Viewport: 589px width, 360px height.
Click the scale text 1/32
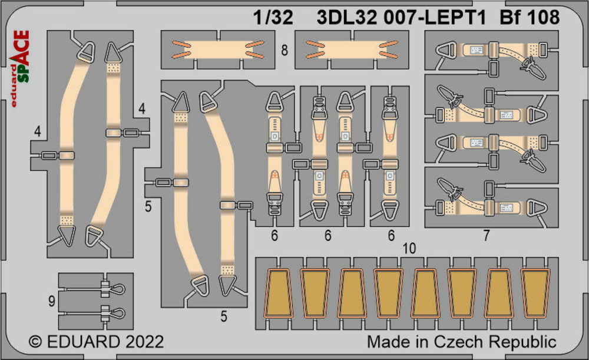273,18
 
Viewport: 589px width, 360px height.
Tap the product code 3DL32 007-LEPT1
401,18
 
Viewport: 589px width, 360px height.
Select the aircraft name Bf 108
530,18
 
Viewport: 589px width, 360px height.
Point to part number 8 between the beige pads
284,50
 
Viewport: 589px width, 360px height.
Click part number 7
487,236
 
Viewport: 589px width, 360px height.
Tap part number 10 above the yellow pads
409,249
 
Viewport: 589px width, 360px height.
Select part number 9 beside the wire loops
52,300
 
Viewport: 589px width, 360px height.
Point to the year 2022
145,342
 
